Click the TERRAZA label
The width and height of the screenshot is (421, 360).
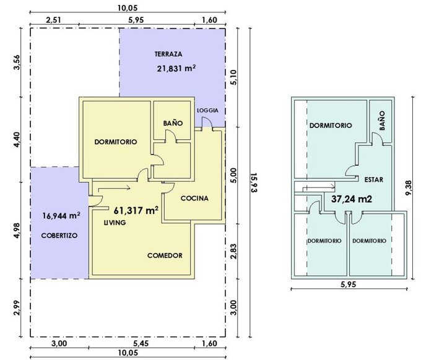click(168, 54)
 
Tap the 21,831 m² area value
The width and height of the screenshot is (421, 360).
click(176, 69)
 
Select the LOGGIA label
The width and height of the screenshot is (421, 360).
click(207, 110)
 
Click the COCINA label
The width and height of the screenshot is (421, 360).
click(194, 198)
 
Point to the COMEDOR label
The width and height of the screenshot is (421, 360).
click(165, 255)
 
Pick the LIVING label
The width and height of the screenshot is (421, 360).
click(115, 223)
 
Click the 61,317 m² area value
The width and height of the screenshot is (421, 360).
click(136, 210)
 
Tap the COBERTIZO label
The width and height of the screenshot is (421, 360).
click(59, 236)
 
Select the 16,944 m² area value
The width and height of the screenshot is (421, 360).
click(61, 216)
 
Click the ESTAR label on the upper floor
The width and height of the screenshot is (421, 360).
click(374, 180)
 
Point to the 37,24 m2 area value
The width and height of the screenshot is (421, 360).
click(352, 199)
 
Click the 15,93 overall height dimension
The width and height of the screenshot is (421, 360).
click(254, 182)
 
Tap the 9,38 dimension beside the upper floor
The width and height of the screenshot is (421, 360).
click(409, 188)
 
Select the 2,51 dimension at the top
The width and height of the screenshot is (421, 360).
click(53, 20)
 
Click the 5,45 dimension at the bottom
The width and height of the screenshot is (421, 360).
click(141, 344)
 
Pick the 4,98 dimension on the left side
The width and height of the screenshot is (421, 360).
click(17, 231)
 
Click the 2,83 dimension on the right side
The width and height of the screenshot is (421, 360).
click(233, 251)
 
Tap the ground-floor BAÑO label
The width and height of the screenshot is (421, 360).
click(173, 123)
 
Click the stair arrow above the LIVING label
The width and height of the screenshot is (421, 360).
click(115, 189)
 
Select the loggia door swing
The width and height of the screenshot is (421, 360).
click(207, 122)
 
